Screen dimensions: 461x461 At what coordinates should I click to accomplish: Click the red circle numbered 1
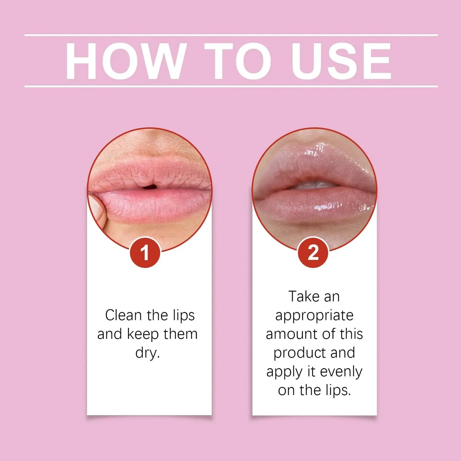(x=145, y=253)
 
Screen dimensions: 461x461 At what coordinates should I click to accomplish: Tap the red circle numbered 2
(x=313, y=253)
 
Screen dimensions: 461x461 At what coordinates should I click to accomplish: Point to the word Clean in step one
(x=123, y=315)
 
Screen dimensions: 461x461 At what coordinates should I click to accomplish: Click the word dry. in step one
(x=147, y=353)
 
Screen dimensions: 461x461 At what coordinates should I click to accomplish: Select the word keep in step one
(x=143, y=334)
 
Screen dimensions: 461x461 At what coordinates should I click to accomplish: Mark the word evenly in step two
(x=341, y=372)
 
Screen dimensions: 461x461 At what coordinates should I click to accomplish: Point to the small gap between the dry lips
(x=150, y=187)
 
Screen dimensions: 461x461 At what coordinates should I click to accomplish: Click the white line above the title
(x=231, y=35)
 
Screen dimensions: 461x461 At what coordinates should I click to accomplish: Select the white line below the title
(x=231, y=86)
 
